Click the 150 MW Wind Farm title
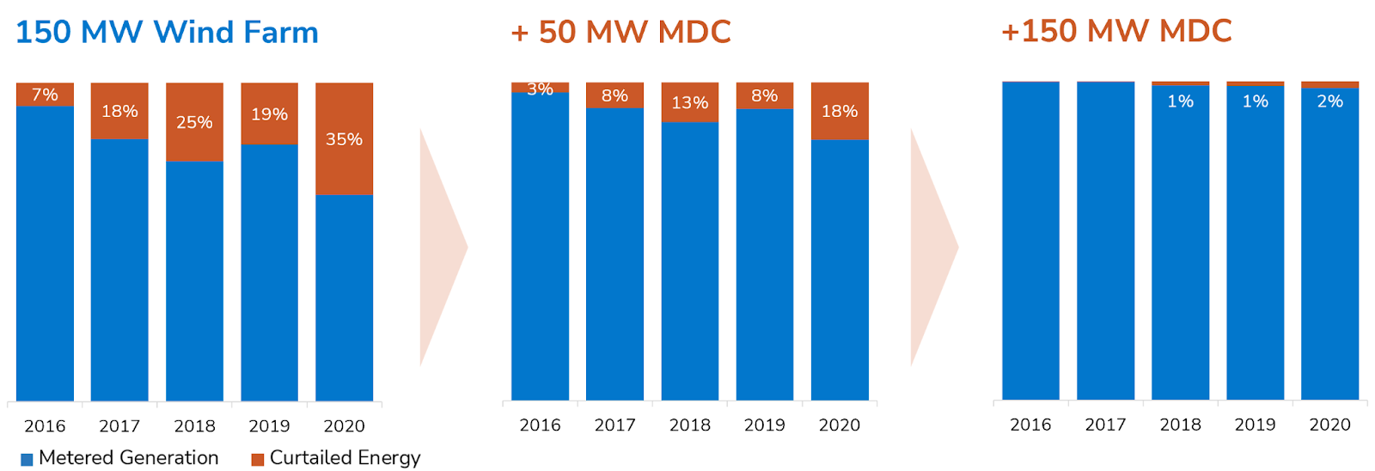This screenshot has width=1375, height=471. coord(167,33)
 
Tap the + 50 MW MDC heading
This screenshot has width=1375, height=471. coord(620,33)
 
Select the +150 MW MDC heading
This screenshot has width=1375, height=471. coord(1116,31)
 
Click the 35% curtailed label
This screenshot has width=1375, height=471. coord(344,139)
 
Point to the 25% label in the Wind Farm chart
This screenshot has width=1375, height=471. coord(194,122)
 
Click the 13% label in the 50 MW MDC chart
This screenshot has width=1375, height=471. coord(689,103)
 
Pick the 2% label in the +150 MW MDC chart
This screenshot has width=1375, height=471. coord(1329,101)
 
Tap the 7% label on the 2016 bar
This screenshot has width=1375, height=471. coord(45,95)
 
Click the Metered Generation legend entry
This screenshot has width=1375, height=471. coord(120,458)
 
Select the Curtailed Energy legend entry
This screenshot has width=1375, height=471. coord(336,458)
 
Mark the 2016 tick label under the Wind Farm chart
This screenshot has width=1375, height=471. coord(45,426)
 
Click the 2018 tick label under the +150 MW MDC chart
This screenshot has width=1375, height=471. coord(1180,425)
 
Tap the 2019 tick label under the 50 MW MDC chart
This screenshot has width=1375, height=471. coord(764,425)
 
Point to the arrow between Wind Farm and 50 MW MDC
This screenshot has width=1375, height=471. coord(442,248)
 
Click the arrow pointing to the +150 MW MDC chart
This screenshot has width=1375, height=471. coord(932,248)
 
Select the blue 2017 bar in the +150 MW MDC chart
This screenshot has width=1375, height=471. coord(1105,241)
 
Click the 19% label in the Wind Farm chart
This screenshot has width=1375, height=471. coord(269,114)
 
